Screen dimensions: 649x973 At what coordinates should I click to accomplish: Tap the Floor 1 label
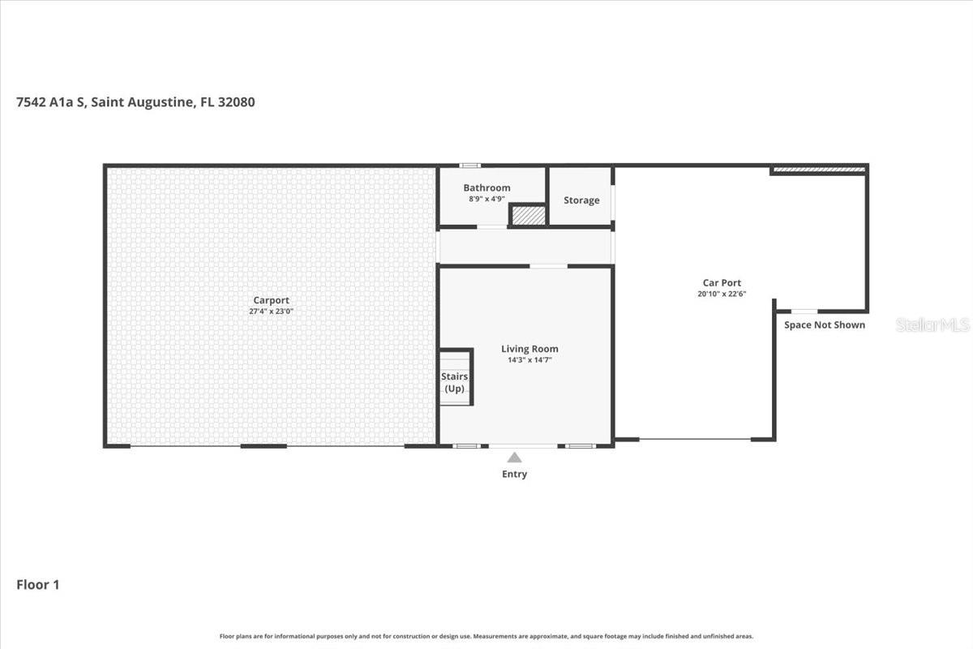click(x=38, y=584)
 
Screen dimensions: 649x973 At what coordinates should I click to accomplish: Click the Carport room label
click(x=271, y=300)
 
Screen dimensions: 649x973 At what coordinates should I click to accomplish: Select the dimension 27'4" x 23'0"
click(x=271, y=311)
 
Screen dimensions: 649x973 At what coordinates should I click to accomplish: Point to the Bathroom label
click(x=486, y=187)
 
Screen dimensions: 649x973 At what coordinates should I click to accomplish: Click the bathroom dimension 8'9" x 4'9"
click(x=486, y=199)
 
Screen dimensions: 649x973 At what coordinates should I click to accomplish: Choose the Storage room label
click(x=581, y=200)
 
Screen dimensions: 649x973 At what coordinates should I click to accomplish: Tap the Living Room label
click(x=529, y=349)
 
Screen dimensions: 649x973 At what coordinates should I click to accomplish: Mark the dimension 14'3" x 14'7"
click(x=529, y=359)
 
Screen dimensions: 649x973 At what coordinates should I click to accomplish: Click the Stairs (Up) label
click(x=454, y=382)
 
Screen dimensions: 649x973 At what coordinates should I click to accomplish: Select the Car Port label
click(x=722, y=283)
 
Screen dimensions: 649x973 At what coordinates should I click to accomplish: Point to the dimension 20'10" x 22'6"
click(x=722, y=294)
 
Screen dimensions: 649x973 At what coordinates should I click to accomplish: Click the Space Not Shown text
click(x=824, y=325)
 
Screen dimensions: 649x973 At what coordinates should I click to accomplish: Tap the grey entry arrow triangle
click(x=514, y=458)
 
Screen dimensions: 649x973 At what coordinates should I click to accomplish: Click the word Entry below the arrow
click(x=514, y=474)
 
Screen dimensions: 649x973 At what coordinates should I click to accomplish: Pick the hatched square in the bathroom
click(x=527, y=215)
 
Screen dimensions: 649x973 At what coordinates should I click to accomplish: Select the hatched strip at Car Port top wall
click(x=817, y=170)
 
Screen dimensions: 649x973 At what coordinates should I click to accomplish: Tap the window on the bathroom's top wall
click(x=468, y=165)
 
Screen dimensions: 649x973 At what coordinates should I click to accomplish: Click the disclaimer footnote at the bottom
click(x=486, y=636)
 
